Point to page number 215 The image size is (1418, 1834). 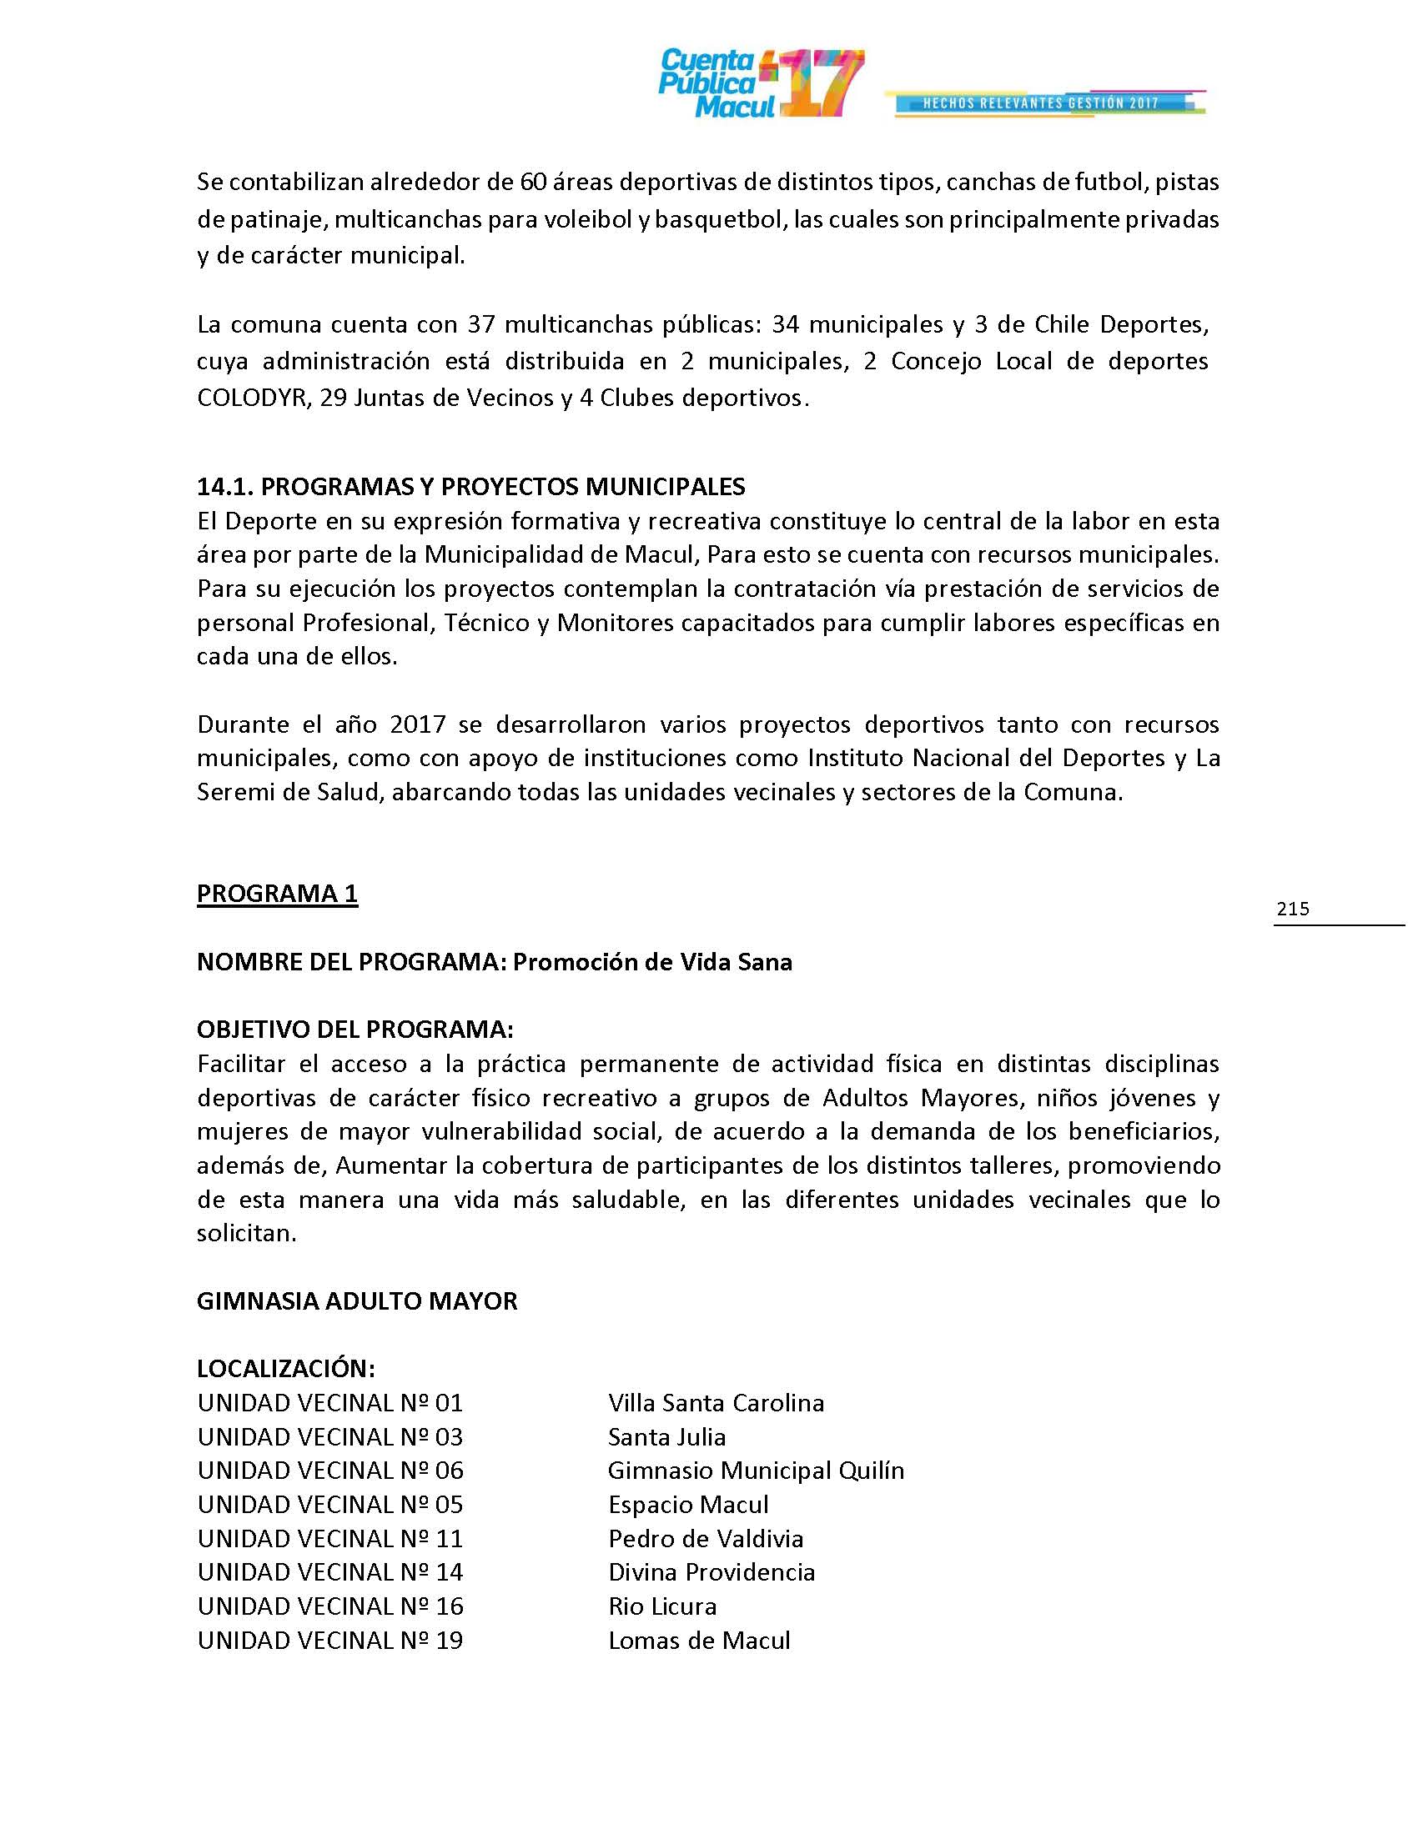click(1292, 908)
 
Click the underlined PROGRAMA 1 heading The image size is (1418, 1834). click(277, 894)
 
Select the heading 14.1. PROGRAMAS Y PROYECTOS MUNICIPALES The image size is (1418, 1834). click(470, 486)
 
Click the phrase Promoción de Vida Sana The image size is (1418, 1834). click(652, 961)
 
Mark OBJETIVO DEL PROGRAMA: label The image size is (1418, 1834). click(354, 1030)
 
